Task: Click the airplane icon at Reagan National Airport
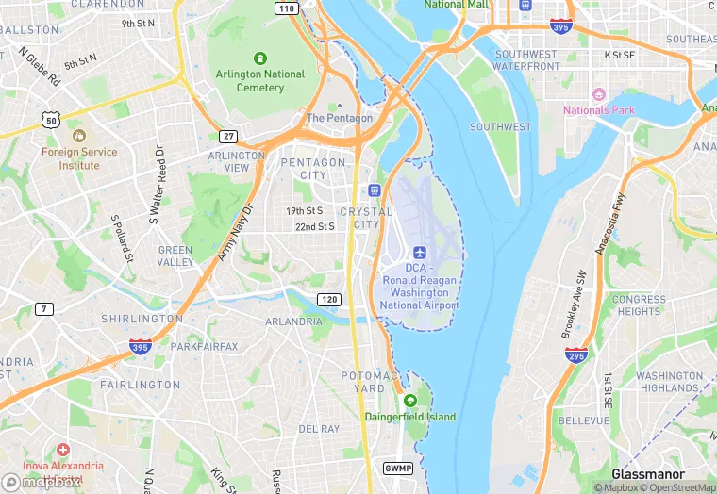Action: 420,253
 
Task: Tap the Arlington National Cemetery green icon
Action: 260,58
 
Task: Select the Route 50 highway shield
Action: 51,119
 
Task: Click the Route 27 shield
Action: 228,136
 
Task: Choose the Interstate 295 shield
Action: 575,355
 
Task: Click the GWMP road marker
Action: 399,468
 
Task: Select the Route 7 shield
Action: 44,308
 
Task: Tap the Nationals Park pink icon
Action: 598,94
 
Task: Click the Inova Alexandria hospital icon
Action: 63,451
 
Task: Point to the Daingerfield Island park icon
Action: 409,402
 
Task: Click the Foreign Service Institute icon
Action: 78,137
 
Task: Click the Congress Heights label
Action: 638,305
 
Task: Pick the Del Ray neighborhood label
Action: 319,429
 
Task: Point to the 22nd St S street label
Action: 314,227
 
